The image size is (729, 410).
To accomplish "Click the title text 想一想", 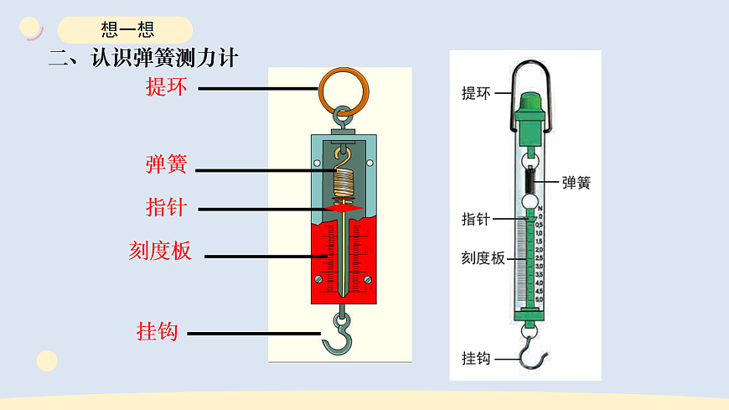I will [x=127, y=30].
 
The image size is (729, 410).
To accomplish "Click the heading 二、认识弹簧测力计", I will [x=144, y=59].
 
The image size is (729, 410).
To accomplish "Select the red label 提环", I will [x=167, y=87].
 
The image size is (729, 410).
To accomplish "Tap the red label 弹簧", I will [x=166, y=164].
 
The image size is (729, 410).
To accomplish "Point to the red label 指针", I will [x=166, y=207].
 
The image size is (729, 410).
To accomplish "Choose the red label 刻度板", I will [x=160, y=251].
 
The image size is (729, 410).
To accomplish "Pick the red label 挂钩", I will [x=158, y=331].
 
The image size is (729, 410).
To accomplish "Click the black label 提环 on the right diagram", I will [x=476, y=93].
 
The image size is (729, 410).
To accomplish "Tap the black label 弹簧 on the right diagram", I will [x=576, y=182].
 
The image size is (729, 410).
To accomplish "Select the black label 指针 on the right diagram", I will [x=476, y=220].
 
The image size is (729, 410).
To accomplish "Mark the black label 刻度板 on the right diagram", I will [x=483, y=259].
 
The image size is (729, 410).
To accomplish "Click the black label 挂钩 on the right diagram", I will [x=476, y=358].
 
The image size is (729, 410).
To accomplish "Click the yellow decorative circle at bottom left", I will [x=47, y=361].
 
